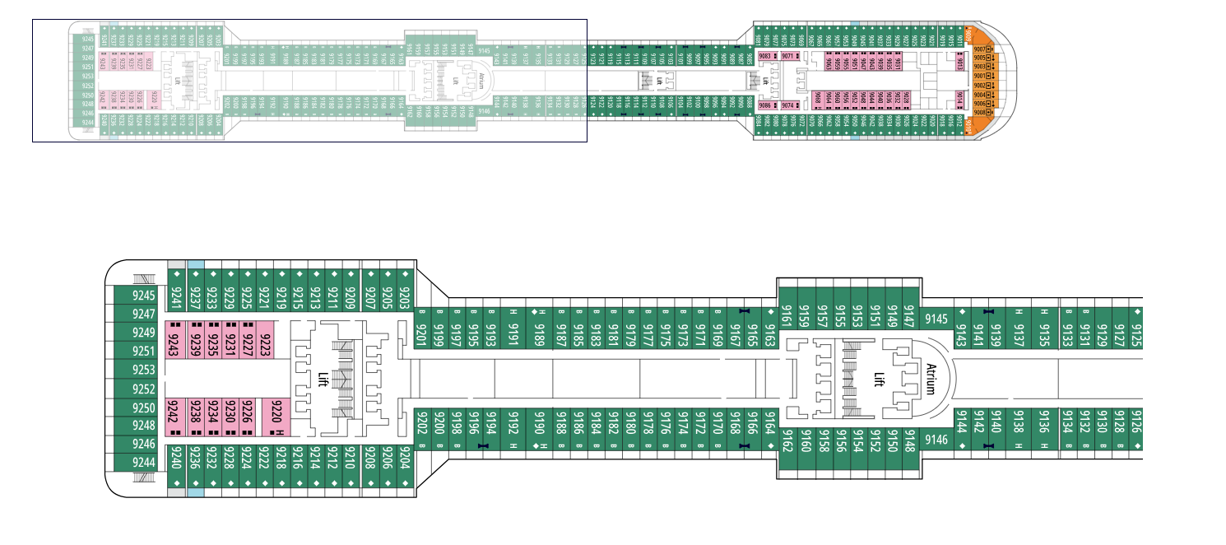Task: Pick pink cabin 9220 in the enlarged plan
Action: [277, 418]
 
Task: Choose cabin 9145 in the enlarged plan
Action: [936, 319]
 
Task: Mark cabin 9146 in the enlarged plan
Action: [936, 440]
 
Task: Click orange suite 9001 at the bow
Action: [979, 76]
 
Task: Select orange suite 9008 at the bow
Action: [979, 112]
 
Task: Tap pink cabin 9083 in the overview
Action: [766, 56]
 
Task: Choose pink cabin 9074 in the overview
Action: [788, 105]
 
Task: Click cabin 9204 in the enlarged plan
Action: [404, 454]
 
